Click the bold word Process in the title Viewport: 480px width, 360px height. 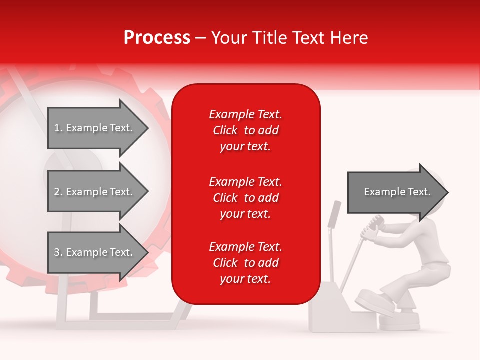(x=157, y=38)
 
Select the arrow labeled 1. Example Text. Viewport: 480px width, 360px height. (x=95, y=128)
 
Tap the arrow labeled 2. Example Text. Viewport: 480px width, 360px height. (x=95, y=192)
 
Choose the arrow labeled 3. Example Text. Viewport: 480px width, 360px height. (x=95, y=252)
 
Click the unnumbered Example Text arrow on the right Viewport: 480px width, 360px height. (x=397, y=192)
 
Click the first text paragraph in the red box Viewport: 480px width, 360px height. (x=245, y=130)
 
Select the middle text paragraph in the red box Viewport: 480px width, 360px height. (x=245, y=198)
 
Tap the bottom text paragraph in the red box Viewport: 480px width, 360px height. (x=245, y=263)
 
